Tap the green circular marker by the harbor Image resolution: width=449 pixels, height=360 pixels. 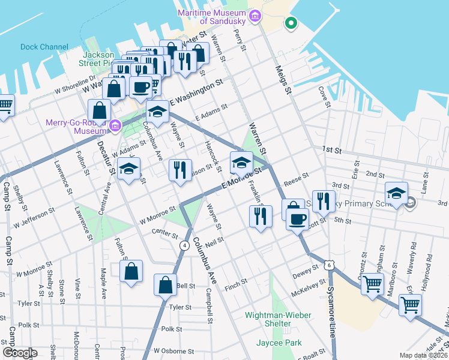click(291, 24)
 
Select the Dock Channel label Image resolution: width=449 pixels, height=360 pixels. click(44, 47)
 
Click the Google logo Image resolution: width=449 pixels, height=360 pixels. click(19, 353)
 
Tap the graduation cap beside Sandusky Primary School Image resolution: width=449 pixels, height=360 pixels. click(396, 193)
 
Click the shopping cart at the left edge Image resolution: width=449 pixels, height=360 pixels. click(4, 106)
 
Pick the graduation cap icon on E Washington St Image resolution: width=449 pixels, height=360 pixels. click(157, 112)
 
